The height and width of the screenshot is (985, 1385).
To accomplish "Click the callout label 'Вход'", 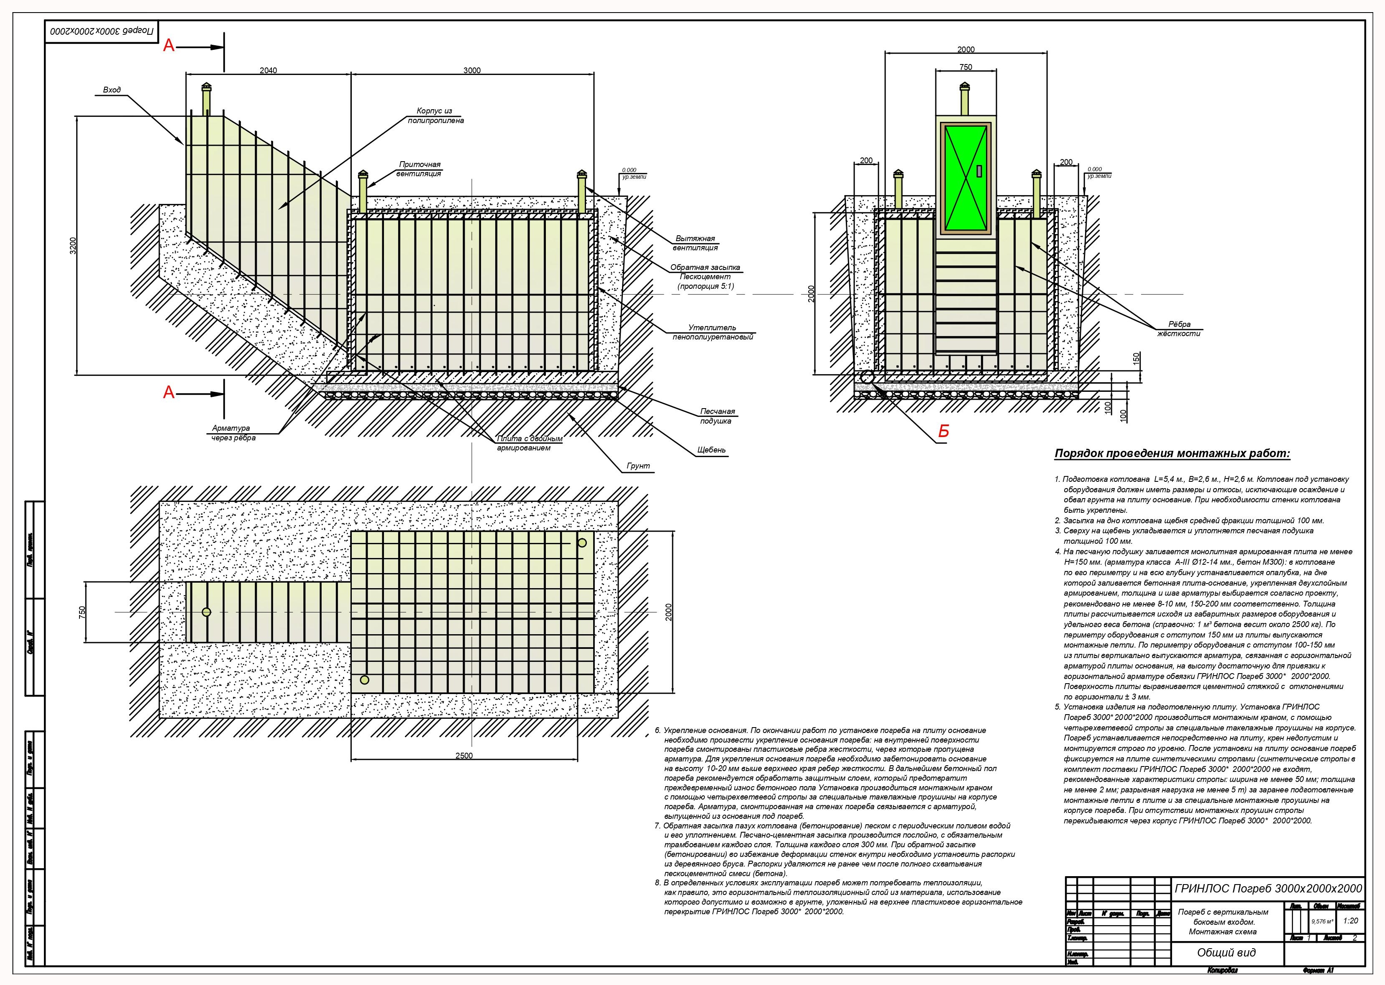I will pyautogui.click(x=112, y=90).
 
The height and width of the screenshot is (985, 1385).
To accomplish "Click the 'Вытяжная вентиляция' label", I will pyautogui.click(x=695, y=243).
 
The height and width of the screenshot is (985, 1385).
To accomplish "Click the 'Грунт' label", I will pyautogui.click(x=638, y=466).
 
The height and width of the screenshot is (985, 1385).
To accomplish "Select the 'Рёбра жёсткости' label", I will pyautogui.click(x=1178, y=329).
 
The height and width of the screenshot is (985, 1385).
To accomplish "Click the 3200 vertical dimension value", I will pyautogui.click(x=73, y=246).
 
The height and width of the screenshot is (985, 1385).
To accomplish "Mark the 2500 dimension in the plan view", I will pyautogui.click(x=463, y=756).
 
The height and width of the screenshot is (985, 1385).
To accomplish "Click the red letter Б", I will pyautogui.click(x=943, y=432).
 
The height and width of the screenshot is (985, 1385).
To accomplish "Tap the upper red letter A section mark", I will pyautogui.click(x=169, y=46).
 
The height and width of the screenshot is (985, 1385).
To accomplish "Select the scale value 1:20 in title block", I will pyautogui.click(x=1350, y=921).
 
